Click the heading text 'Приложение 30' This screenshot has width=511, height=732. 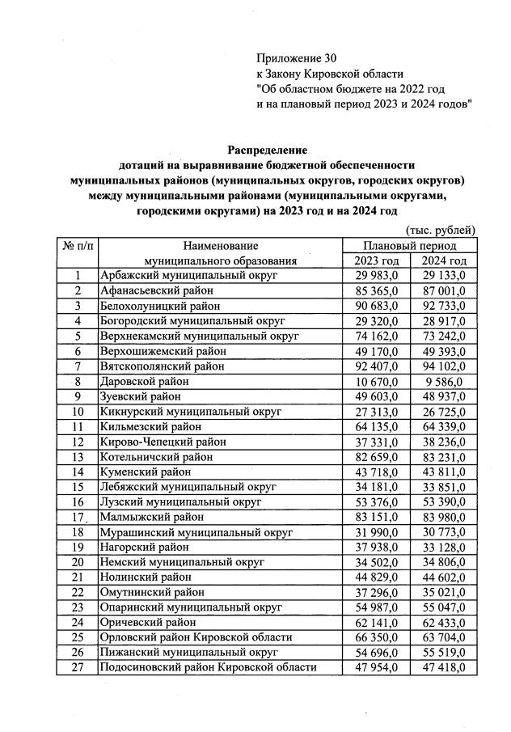[295, 58]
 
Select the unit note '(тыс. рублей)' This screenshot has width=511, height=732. [441, 231]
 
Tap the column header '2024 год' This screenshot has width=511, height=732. [444, 260]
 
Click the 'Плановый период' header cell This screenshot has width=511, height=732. [410, 245]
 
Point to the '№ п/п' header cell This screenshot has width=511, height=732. [78, 245]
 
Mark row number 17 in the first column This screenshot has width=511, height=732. [78, 516]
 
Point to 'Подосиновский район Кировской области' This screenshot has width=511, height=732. [207, 666]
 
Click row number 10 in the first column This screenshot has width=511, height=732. [78, 411]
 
